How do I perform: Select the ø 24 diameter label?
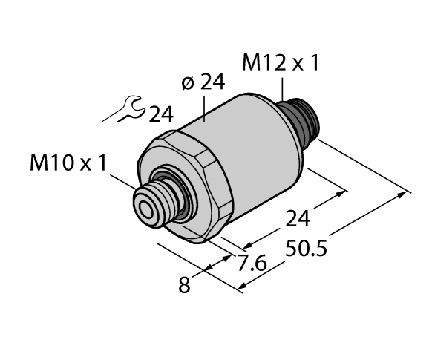pyautogui.click(x=203, y=84)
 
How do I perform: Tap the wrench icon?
pyautogui.click(x=123, y=111)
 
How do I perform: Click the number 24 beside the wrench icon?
pyautogui.click(x=160, y=114)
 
